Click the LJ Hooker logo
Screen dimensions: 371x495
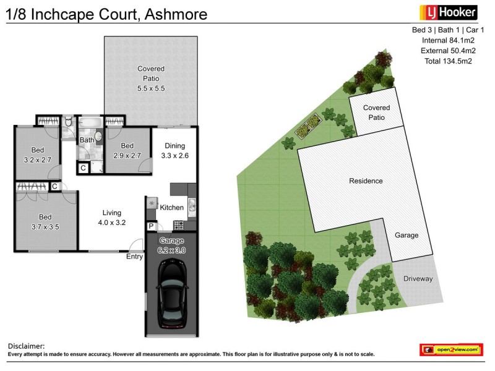point(449,12)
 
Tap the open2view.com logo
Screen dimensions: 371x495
point(451,350)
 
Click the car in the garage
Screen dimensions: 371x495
point(172,293)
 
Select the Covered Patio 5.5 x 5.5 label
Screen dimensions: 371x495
point(151,79)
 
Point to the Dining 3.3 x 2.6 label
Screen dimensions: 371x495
point(174,151)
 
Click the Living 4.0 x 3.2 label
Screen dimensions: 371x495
point(112,218)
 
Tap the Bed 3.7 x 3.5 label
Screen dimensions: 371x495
point(45,222)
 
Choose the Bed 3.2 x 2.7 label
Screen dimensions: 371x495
point(37,154)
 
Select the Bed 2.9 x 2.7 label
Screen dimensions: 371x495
point(129,151)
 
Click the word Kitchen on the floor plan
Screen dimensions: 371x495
point(172,208)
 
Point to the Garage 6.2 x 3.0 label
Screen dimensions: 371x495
point(172,245)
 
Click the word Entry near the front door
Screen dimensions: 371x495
point(134,257)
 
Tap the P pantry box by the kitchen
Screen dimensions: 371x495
point(150,226)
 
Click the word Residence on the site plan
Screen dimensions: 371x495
point(366,181)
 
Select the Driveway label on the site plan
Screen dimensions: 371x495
point(418,279)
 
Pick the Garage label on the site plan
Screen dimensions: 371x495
point(407,236)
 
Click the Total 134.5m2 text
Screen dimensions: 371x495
point(448,61)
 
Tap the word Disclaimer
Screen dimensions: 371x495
point(26,346)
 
